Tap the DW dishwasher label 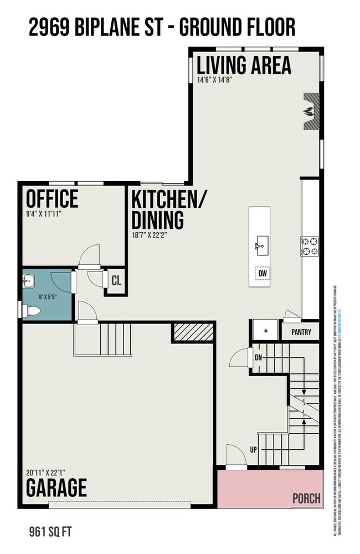click(x=263, y=273)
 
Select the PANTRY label click(x=301, y=333)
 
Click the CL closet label click(x=116, y=280)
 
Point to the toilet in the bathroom click(x=32, y=311)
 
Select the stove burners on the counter click(x=310, y=247)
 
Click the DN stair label click(x=258, y=357)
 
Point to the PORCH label click(x=306, y=498)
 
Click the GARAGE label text click(x=57, y=488)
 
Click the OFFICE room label click(x=52, y=198)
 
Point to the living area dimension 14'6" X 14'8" click(x=222, y=79)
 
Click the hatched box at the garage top click(x=193, y=332)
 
